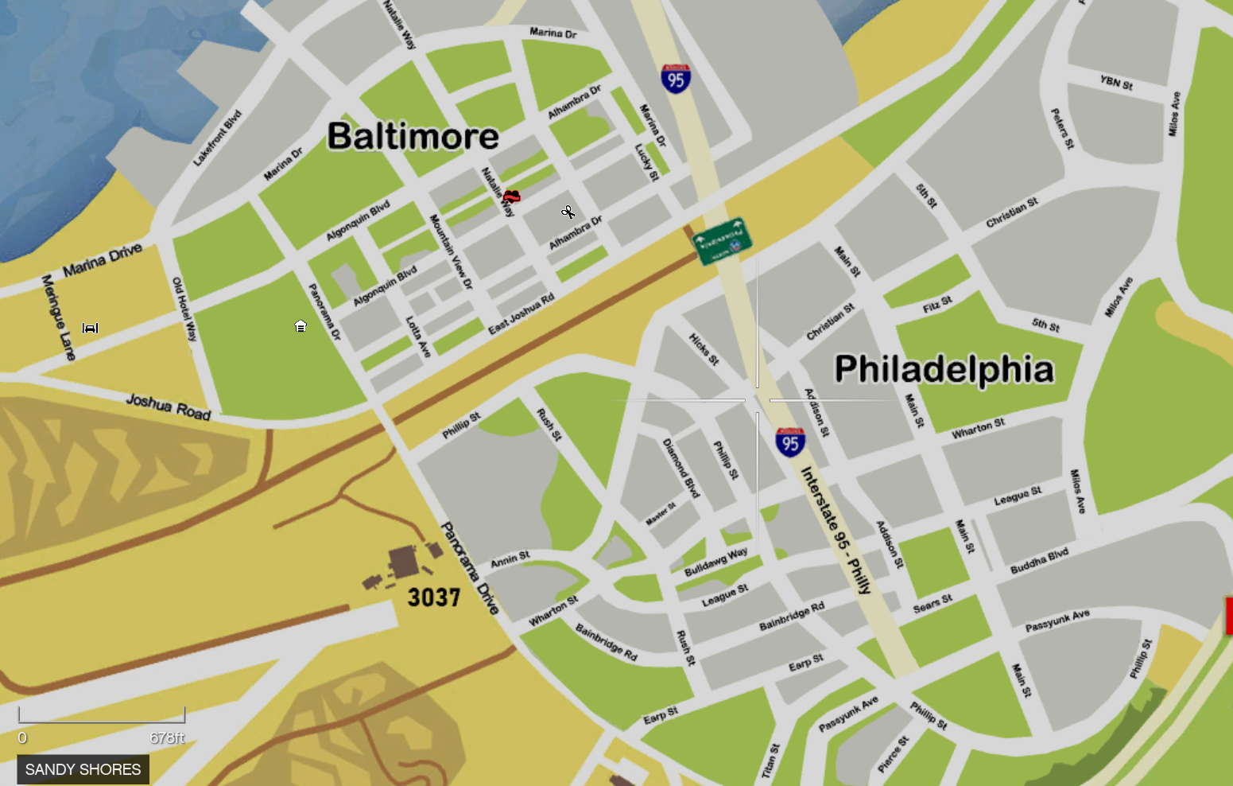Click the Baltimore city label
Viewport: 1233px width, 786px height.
click(x=413, y=136)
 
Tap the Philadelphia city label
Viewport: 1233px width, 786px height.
click(x=944, y=369)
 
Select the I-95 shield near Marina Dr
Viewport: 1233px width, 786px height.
click(x=675, y=79)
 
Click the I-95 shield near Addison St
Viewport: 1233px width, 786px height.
click(x=790, y=442)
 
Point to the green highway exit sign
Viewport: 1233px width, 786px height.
click(x=722, y=241)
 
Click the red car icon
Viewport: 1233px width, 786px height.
click(x=512, y=196)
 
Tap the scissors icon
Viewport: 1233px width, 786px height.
click(x=568, y=212)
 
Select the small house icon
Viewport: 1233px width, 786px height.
click(x=300, y=326)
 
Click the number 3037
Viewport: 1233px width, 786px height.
click(x=433, y=597)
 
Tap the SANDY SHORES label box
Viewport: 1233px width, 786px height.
click(x=83, y=769)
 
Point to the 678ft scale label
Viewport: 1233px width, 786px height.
click(x=167, y=737)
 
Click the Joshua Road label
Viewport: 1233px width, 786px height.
click(x=168, y=407)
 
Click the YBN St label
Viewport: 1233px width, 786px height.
click(x=1116, y=82)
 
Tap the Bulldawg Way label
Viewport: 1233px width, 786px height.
click(x=715, y=561)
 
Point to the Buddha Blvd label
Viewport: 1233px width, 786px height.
click(x=1039, y=561)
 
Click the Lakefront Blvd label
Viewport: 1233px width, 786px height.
click(x=217, y=138)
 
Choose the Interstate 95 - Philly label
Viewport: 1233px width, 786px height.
click(x=836, y=530)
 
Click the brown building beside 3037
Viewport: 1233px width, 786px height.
click(x=404, y=562)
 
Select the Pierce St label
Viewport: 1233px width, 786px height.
click(x=893, y=754)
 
